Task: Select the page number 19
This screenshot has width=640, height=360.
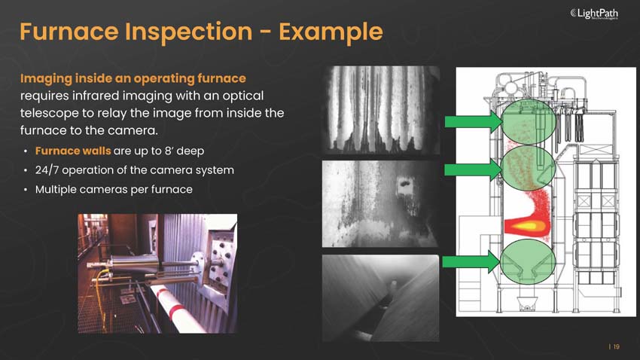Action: coord(616,346)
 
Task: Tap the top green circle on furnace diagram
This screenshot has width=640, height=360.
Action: coord(526,122)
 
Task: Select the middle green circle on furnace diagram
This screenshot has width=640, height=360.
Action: coord(526,169)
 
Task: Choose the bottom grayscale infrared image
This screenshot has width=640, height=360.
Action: coord(380,297)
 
